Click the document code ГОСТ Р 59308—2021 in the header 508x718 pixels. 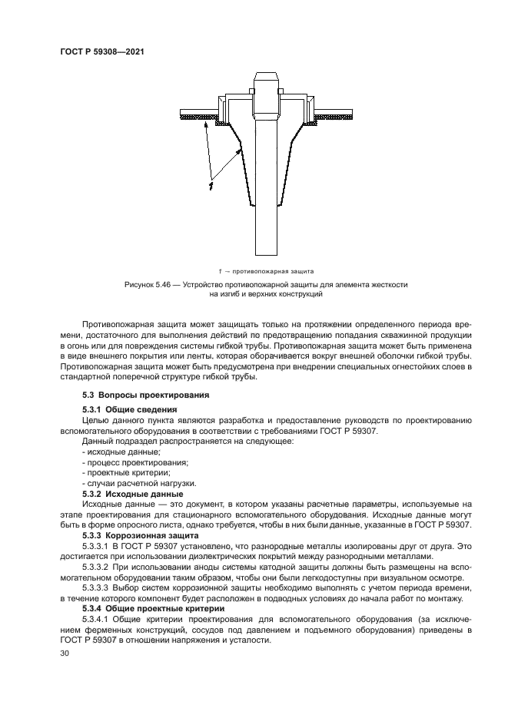102,52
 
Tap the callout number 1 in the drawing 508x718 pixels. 210,185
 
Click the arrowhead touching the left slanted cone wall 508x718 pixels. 239,152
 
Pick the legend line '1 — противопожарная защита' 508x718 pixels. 266,271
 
